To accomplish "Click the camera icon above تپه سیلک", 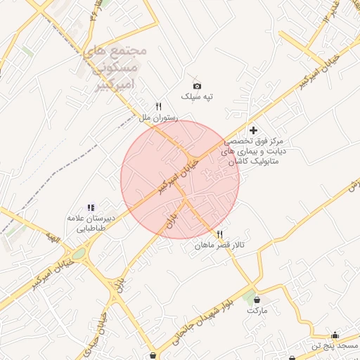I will tap(197, 86).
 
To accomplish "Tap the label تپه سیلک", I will tap(197, 96).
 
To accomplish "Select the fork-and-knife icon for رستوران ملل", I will tap(159, 106).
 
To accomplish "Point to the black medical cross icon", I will tap(253, 130).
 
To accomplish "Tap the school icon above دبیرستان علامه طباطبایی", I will tap(90, 207).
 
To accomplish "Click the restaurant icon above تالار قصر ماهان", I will tap(220, 234).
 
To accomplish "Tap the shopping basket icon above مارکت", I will tap(257, 300).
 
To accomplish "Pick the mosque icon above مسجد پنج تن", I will tap(335, 335).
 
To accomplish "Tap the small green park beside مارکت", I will tap(247, 297).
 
